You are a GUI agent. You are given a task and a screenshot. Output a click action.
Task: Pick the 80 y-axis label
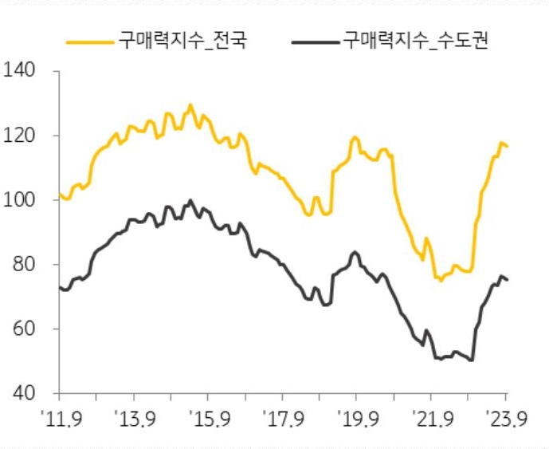tap(24, 265)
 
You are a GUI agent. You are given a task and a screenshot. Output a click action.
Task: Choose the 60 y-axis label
tap(24, 329)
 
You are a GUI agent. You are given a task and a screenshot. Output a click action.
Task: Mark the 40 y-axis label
tap(24, 394)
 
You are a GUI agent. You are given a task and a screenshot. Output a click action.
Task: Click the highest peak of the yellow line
tap(190, 104)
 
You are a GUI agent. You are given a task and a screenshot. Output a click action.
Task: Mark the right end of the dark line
tap(508, 279)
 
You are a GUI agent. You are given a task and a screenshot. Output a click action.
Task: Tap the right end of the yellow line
tap(508, 147)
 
